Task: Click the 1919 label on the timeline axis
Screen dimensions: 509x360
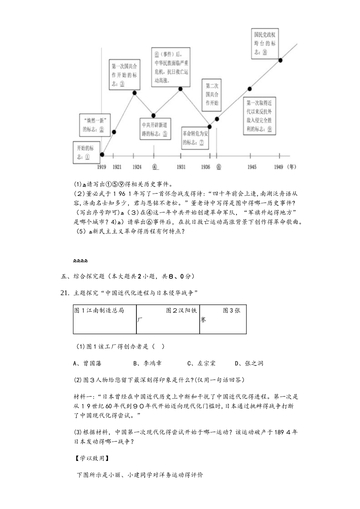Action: [101, 167]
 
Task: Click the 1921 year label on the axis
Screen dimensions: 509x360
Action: [117, 167]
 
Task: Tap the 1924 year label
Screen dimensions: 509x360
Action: [137, 167]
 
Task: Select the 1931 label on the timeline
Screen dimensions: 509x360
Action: [181, 167]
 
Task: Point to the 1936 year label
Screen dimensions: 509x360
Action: [205, 167]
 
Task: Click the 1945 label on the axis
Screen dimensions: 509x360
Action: [252, 167]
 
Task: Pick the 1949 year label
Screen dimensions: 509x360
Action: [279, 167]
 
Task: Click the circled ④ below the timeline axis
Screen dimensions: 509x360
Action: [155, 167]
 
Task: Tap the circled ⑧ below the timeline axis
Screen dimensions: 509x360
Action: [219, 167]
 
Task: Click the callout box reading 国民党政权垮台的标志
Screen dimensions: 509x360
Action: [265, 43]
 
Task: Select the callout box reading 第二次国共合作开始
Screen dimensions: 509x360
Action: [212, 94]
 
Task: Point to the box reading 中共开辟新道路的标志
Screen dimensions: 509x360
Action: [155, 129]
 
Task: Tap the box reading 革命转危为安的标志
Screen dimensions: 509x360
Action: [195, 138]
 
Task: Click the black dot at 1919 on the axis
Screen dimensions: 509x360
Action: [102, 155]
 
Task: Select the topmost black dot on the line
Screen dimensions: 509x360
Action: [280, 60]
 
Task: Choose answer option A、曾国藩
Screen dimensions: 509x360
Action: [88, 364]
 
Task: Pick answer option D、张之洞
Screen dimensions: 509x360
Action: [249, 364]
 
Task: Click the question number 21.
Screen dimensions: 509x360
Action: [65, 293]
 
